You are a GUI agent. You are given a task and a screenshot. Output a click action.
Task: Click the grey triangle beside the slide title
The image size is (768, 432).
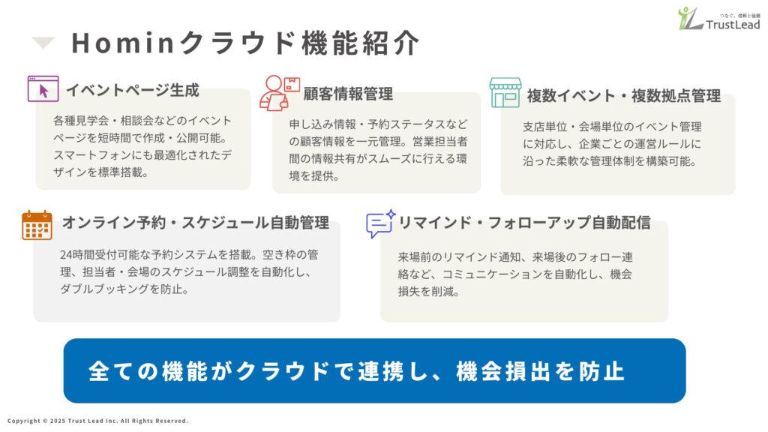point(43,43)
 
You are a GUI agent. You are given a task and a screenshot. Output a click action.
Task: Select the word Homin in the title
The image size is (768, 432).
point(121,43)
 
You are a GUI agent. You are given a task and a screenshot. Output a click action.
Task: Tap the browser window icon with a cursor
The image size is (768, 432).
point(43,88)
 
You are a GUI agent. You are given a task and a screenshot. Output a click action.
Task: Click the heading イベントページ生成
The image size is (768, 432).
point(132,91)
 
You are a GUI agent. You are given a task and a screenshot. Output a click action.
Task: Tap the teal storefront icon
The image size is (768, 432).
point(505,93)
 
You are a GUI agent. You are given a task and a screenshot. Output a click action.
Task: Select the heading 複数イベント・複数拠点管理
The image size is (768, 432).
point(623,96)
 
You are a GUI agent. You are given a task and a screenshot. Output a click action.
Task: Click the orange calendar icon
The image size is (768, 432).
point(37,224)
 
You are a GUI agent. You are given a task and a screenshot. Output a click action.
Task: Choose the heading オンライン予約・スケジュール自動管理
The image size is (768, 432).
point(195,223)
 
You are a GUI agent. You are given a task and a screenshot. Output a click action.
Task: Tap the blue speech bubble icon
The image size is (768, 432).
point(380,223)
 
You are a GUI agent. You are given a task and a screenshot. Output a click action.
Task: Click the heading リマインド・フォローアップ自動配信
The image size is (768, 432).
point(523,223)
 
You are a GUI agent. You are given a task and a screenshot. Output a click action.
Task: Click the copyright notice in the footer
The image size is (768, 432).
point(97,421)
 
